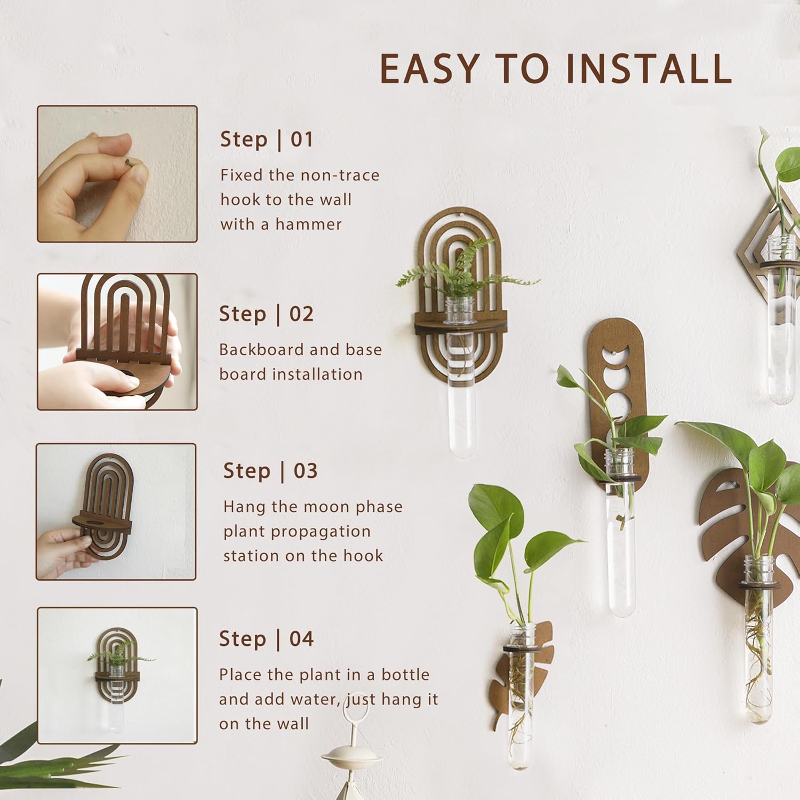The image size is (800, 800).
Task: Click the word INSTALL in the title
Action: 649,69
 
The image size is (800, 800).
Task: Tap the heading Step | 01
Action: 266,139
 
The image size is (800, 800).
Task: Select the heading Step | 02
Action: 266,314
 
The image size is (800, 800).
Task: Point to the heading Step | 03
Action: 270,471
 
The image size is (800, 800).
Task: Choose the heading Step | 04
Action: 266,638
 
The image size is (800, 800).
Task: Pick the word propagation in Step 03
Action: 297,531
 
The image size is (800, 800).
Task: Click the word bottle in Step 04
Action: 405,675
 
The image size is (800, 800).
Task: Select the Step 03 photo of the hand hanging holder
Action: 116,512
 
